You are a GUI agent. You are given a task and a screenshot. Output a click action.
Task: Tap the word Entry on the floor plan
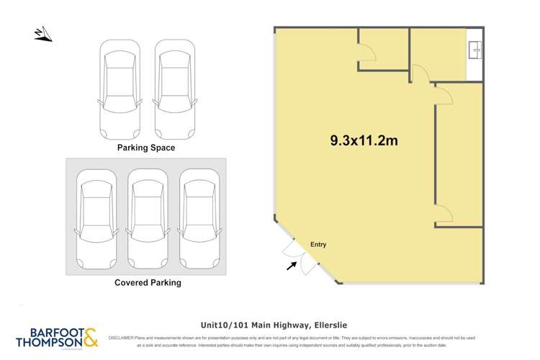pos(318,245)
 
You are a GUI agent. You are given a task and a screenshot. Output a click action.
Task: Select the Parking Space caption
pos(146,148)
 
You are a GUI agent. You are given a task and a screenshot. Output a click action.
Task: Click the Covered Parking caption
pos(148,283)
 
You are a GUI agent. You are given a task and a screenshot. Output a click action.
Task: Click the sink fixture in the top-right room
pos(474,50)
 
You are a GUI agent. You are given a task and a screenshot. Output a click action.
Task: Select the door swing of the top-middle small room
pos(366,51)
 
